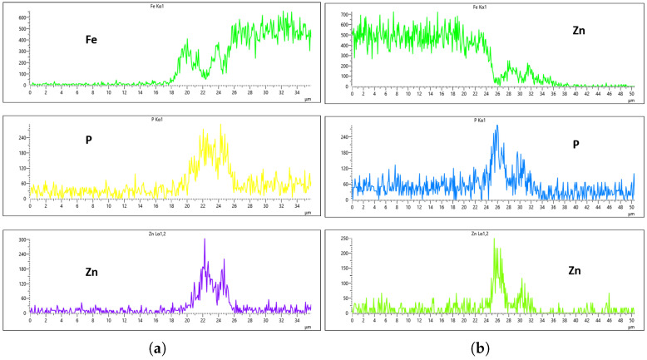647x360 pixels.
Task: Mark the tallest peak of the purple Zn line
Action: [x=205, y=240]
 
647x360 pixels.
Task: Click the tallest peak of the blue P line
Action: [x=496, y=126]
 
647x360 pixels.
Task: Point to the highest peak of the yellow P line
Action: [x=221, y=126]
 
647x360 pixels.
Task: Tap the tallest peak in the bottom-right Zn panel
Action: [x=494, y=239]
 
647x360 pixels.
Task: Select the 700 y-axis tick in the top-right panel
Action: [x=343, y=16]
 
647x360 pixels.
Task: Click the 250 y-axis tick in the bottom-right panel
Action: [x=343, y=240]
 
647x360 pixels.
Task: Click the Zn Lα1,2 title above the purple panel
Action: [x=170, y=234]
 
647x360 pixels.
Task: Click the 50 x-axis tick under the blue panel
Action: [x=633, y=207]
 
